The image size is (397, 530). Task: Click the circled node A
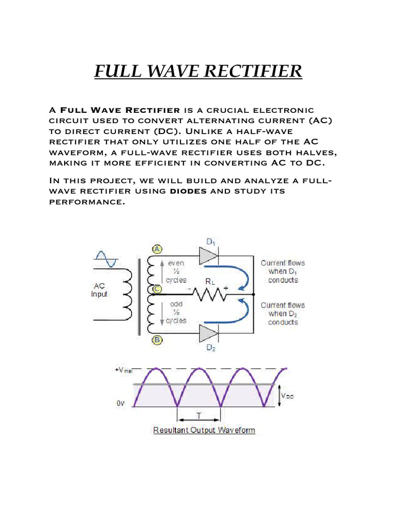pyautogui.click(x=157, y=249)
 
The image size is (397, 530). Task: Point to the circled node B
pyautogui.click(x=157, y=340)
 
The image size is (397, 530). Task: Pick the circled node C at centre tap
pyautogui.click(x=157, y=289)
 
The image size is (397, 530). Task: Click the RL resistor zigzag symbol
pyautogui.click(x=209, y=294)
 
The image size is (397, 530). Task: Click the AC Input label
pyautogui.click(x=100, y=290)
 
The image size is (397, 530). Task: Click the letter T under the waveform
pyautogui.click(x=199, y=416)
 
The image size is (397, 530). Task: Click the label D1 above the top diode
pyautogui.click(x=211, y=241)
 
